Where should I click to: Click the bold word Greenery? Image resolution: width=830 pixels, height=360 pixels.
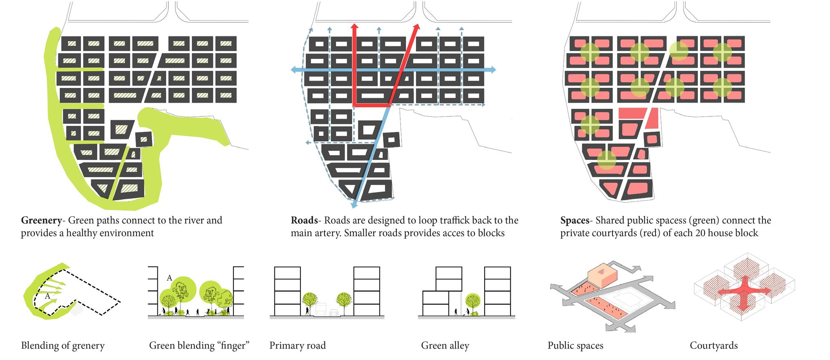tap(41, 220)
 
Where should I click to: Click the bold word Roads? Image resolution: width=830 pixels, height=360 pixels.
tap(304, 220)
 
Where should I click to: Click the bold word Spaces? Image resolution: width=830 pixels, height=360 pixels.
tap(574, 220)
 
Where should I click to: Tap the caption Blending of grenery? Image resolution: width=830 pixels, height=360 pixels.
tap(63, 346)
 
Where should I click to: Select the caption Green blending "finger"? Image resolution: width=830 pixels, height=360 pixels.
tap(199, 346)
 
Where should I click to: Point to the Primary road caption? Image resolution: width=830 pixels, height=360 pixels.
tap(297, 346)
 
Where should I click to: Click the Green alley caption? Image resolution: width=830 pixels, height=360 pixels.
tap(445, 346)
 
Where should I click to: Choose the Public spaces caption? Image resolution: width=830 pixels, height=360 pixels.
tap(575, 346)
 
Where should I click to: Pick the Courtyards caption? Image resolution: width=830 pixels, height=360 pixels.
tap(713, 346)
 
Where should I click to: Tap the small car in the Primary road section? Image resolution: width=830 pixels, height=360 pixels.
tap(334, 313)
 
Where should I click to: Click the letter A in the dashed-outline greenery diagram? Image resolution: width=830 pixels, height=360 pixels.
tap(47, 296)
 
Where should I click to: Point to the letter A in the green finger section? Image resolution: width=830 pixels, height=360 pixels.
tap(169, 279)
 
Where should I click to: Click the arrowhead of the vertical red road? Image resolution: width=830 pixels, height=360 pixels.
tap(354, 27)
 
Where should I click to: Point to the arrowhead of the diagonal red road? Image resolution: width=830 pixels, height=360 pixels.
tap(417, 27)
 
